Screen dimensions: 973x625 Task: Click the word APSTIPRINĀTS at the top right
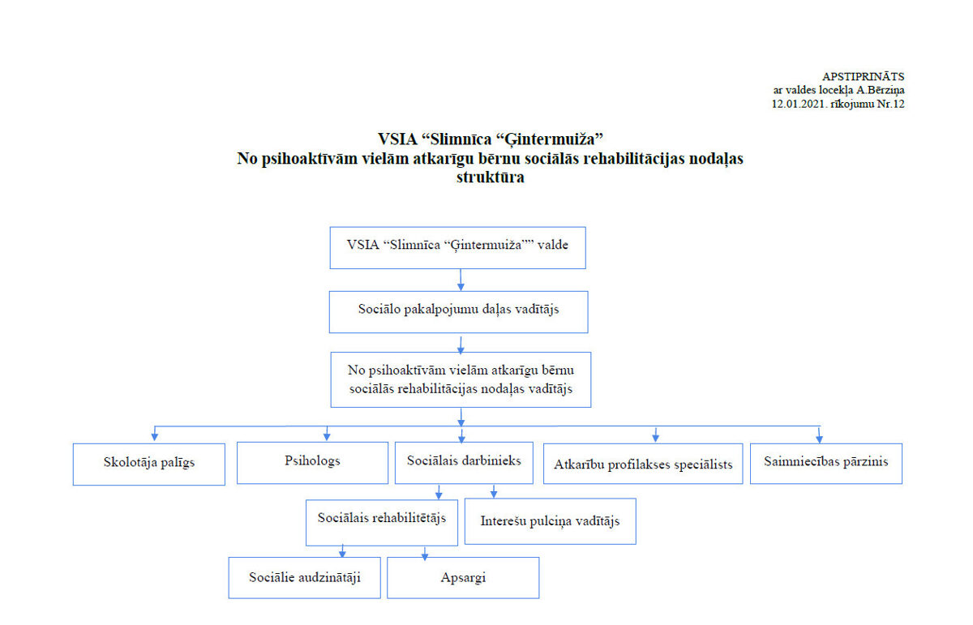(863, 77)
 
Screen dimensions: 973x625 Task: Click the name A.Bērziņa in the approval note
(880, 91)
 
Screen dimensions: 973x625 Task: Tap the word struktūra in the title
(490, 178)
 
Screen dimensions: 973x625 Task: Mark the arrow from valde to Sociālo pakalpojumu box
(461, 280)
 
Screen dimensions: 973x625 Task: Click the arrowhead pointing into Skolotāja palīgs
(154, 437)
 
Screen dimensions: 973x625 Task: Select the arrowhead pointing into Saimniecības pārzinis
(819, 439)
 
